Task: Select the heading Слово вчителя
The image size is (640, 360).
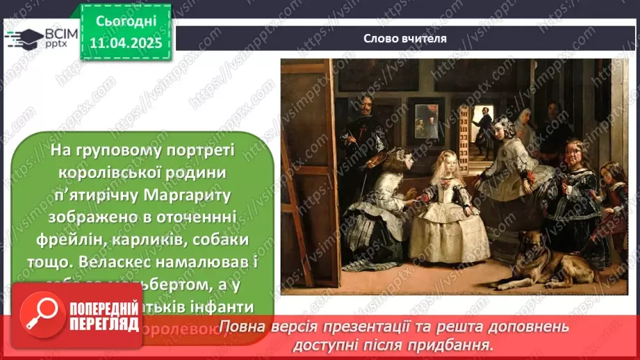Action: click(404, 39)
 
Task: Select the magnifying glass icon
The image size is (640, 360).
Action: click(39, 313)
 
